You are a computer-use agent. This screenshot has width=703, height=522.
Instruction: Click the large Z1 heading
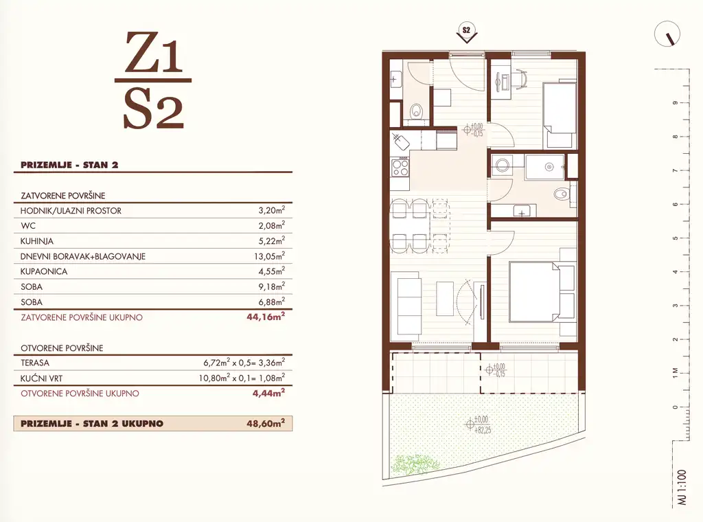153,52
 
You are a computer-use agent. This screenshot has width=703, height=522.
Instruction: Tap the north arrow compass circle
667,34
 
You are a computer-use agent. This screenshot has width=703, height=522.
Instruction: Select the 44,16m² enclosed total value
266,317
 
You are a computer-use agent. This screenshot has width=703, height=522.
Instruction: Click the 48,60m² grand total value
266,423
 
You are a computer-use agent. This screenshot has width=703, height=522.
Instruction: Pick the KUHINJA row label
37,241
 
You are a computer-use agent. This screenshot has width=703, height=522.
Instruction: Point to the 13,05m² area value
269,256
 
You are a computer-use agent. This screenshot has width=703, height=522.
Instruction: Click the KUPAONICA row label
44,272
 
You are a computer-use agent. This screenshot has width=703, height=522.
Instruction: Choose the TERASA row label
35,363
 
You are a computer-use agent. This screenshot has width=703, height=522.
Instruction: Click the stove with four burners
400,168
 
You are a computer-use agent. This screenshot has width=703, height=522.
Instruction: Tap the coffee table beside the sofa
445,299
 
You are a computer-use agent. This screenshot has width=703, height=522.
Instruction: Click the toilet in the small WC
417,111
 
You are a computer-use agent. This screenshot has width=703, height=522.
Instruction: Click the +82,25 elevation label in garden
483,430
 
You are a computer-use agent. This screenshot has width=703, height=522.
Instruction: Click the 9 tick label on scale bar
676,103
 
